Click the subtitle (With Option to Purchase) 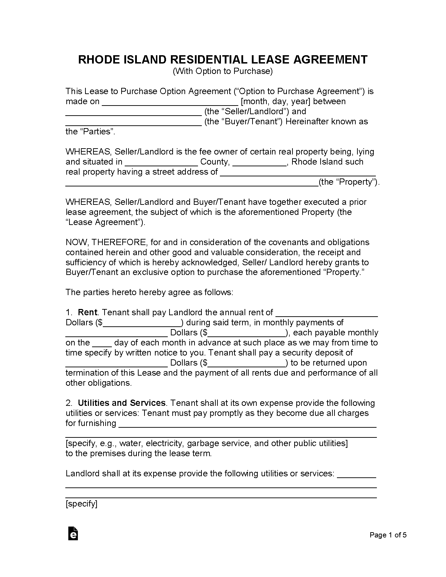point(223,72)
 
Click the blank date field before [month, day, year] point(170,102)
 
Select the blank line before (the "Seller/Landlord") point(133,112)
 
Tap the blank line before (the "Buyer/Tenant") point(133,122)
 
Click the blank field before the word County point(161,162)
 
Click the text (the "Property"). point(349,182)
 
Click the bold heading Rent point(88,312)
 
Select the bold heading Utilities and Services point(122,403)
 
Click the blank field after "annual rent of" point(327,313)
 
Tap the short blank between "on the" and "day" point(102,343)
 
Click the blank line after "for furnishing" point(247,424)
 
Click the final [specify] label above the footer point(82,504)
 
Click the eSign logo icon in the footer point(73,534)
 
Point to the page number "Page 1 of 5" point(388,535)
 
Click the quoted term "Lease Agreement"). point(105,222)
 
